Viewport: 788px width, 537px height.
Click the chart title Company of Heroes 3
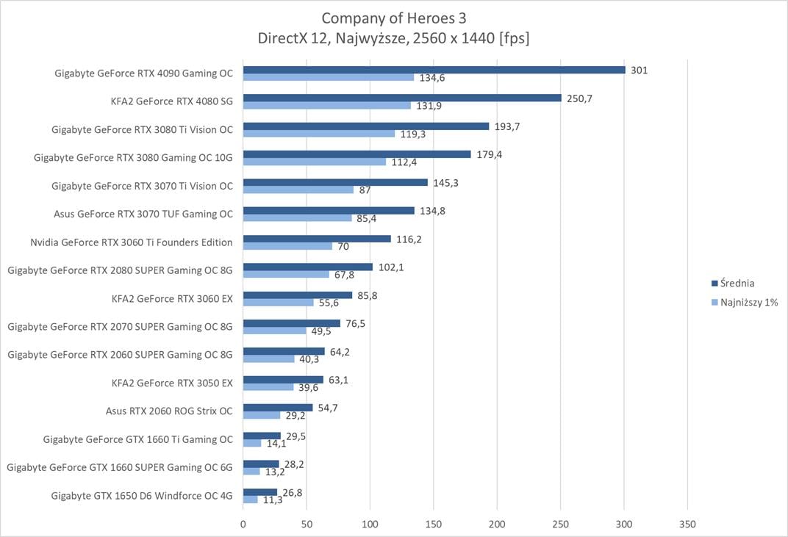(394, 18)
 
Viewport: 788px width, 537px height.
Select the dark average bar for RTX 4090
(434, 70)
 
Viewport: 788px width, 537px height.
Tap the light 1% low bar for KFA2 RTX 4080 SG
(327, 106)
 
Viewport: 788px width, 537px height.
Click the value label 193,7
(507, 126)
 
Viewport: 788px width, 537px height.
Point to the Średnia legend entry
(737, 283)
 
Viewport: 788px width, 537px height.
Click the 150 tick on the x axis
(434, 525)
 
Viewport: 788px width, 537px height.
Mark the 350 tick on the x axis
(687, 525)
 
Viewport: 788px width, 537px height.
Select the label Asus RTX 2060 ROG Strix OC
(169, 411)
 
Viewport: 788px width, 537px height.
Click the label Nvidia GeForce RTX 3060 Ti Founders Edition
(132, 242)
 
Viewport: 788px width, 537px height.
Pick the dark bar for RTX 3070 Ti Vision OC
(335, 182)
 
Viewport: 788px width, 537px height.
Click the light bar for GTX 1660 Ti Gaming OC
(252, 443)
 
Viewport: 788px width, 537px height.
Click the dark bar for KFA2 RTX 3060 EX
(298, 295)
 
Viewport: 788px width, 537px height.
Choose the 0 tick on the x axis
(243, 525)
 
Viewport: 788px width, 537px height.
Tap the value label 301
(639, 70)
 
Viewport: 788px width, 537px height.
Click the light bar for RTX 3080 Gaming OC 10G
(315, 162)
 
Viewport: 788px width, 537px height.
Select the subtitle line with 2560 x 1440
(394, 38)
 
